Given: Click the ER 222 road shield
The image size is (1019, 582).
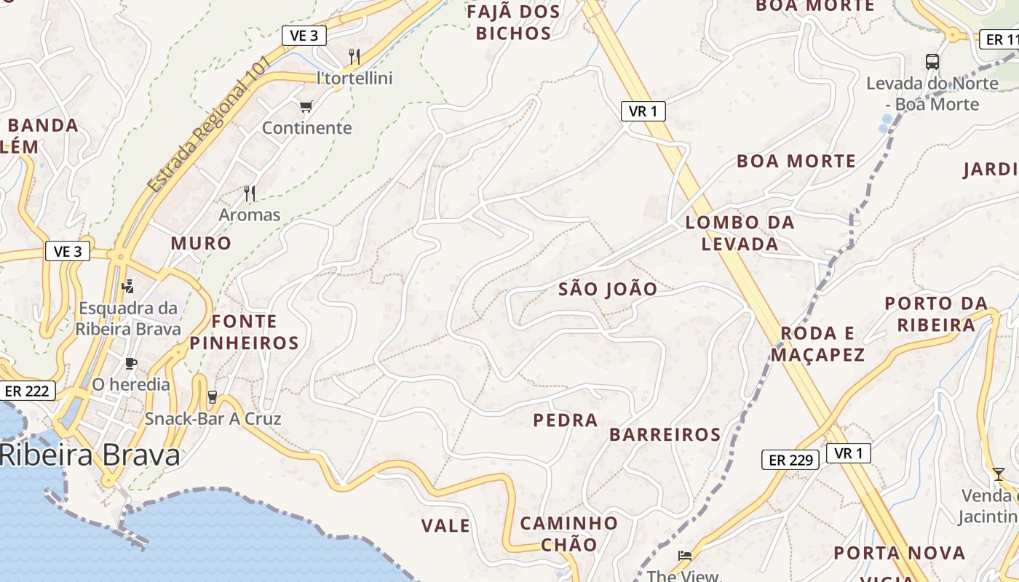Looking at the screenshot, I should (x=27, y=391).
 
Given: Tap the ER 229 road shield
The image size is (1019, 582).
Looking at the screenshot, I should (x=790, y=460).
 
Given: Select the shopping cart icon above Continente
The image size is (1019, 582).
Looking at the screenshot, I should (x=306, y=107).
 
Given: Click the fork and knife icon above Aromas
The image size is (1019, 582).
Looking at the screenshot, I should (x=250, y=193).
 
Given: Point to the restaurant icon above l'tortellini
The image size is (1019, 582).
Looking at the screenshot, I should (x=354, y=56).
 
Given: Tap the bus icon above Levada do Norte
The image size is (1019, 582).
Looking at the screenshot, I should (x=932, y=62).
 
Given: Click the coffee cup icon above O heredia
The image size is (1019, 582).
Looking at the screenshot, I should (x=131, y=363).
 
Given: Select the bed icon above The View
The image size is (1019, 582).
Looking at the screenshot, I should (x=684, y=556).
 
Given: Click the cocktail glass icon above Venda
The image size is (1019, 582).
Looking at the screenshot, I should (x=998, y=474).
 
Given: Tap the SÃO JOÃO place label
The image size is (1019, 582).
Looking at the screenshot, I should (x=608, y=289).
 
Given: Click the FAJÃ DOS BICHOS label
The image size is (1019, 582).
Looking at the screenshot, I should (x=514, y=23).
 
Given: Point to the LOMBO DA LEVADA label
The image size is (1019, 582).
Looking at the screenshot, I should (x=740, y=233).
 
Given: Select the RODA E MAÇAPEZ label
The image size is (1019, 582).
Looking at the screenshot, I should (x=817, y=343).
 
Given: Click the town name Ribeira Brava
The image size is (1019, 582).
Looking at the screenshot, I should (x=90, y=455).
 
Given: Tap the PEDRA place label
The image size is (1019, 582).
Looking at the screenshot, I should (x=566, y=420).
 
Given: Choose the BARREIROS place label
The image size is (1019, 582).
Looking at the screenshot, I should (x=665, y=434).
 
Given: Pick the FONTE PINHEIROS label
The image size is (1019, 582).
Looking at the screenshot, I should (x=245, y=332).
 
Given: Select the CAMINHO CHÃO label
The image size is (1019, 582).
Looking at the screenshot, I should (x=568, y=533).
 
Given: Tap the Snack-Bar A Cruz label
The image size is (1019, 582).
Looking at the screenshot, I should (x=213, y=418).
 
